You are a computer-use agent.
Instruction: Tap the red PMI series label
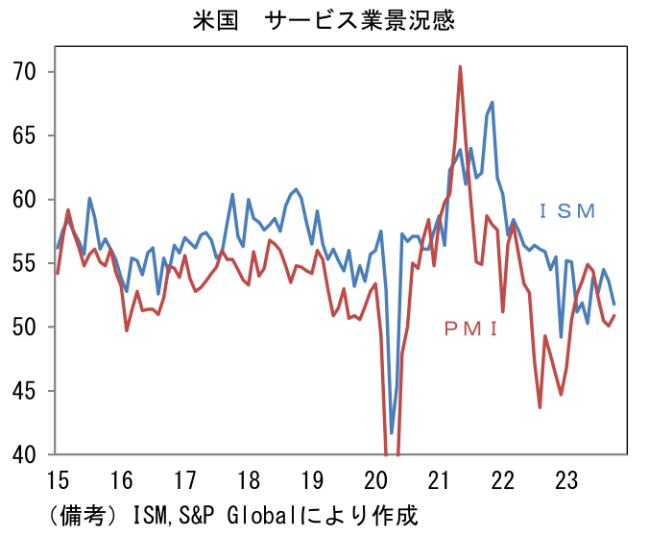(470, 329)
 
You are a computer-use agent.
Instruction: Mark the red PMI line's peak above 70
(460, 67)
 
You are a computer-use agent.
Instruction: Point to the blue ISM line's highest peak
(493, 102)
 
